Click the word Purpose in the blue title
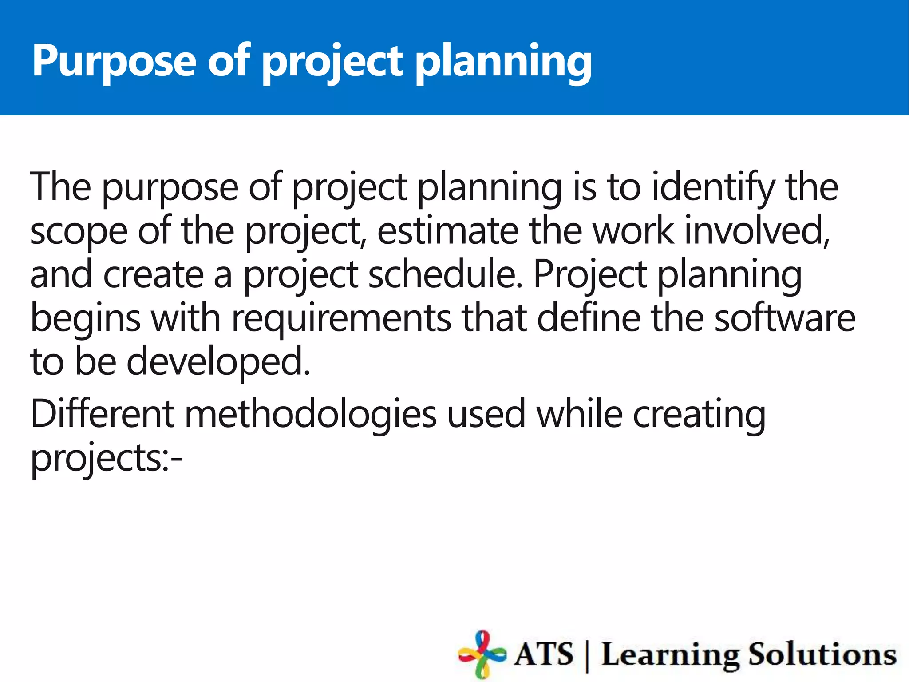coord(114,61)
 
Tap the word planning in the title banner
coord(503,61)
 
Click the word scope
coord(79,231)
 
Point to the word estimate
coord(448,231)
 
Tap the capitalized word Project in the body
coord(590,274)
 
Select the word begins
coord(85,319)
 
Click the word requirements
coord(341,319)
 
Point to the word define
coord(589,318)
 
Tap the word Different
coord(102,414)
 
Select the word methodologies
coord(311,414)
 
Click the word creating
coord(699,414)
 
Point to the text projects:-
coord(107,458)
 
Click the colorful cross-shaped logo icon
coord(482,654)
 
